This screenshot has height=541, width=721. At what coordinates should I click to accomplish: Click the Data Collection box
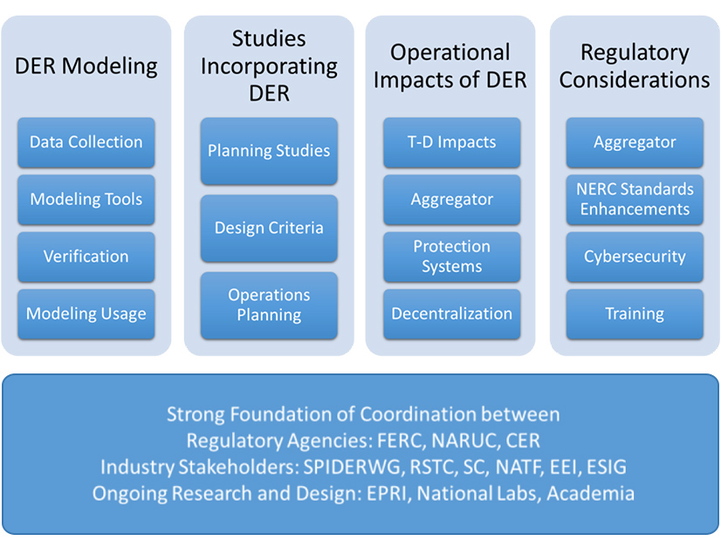point(86,142)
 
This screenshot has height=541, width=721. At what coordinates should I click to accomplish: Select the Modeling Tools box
point(86,200)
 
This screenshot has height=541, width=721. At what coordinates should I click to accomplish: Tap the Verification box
point(86,257)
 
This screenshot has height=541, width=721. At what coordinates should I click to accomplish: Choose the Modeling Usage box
point(86,314)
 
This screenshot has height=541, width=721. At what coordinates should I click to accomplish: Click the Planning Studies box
point(269,151)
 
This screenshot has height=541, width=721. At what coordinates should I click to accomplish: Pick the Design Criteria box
point(269,228)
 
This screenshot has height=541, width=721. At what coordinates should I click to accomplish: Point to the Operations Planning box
point(269,305)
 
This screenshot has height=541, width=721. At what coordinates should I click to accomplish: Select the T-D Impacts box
point(452,142)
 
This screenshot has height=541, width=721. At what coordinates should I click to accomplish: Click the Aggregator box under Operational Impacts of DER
point(452,200)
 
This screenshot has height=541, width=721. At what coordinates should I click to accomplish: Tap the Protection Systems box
point(452,257)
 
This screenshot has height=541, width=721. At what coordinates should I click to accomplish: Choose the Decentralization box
point(452,314)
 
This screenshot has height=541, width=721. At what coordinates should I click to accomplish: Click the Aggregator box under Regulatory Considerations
point(635,142)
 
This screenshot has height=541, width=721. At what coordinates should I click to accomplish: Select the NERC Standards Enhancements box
point(635,200)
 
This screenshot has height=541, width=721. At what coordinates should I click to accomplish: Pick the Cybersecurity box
point(635,257)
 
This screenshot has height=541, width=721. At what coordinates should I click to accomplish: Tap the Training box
point(635,314)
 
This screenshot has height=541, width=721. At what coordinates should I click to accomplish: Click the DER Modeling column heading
point(86,66)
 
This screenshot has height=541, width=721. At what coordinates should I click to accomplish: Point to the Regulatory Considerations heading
point(635,66)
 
